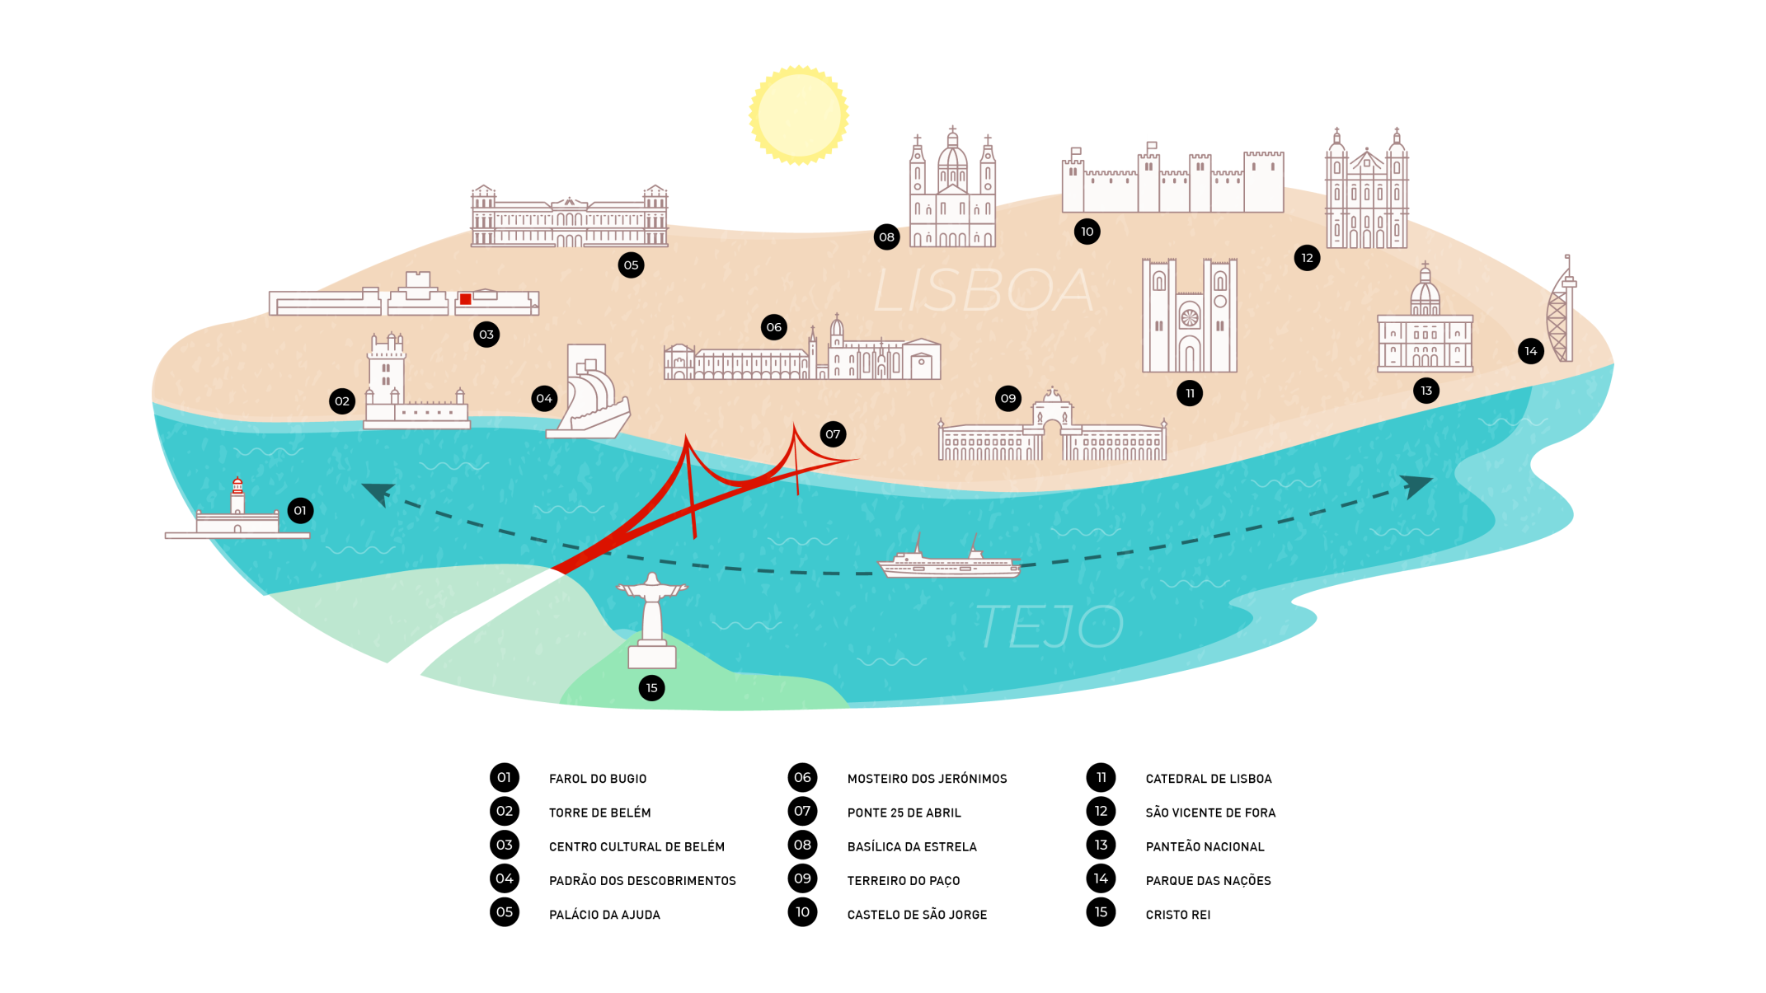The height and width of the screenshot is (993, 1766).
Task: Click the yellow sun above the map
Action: point(798,115)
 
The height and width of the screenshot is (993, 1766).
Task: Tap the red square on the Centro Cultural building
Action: point(465,299)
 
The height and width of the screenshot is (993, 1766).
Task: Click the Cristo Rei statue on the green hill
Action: point(652,619)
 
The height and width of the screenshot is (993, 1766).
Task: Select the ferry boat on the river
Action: point(949,561)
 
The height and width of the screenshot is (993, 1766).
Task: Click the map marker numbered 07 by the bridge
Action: point(833,434)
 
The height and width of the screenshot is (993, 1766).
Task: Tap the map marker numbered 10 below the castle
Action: point(1087,232)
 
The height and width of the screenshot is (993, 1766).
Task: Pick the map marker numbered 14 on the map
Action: point(1530,351)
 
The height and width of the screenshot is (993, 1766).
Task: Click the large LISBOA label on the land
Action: point(983,290)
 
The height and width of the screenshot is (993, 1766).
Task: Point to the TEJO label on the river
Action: point(1050,626)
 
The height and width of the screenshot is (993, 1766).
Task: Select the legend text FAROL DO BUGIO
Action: point(598,779)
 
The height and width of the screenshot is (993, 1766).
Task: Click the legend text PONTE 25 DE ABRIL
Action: point(904,813)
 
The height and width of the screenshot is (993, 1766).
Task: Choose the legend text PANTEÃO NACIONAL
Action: point(1205,846)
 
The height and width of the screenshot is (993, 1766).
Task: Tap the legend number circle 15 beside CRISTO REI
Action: point(1101,912)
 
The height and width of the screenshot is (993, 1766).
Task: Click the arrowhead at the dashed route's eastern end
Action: point(1416,485)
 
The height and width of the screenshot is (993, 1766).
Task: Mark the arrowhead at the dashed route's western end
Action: point(379,493)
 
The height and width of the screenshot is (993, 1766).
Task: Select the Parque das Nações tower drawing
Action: point(1561,313)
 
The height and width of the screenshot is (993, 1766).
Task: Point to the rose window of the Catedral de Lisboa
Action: point(1189,317)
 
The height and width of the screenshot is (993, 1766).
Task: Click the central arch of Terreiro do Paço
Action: point(1052,429)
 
